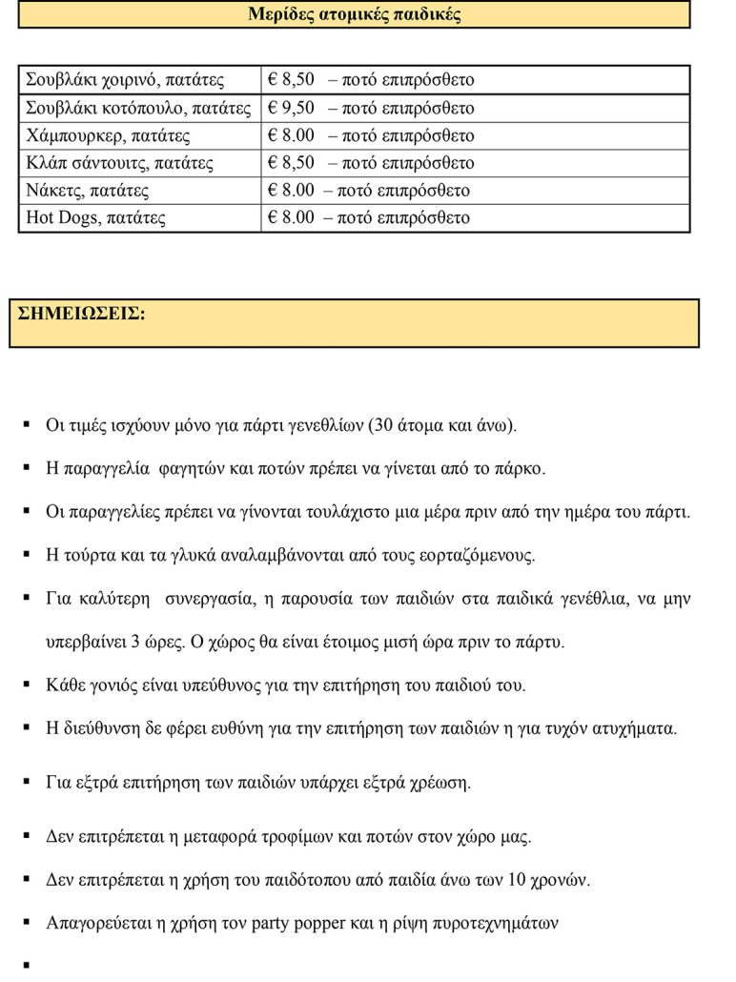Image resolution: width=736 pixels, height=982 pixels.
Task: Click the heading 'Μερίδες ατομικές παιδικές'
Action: click(x=355, y=14)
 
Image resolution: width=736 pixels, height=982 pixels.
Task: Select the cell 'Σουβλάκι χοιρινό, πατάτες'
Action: click(x=125, y=80)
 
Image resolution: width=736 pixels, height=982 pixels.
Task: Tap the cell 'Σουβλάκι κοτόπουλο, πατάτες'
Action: click(x=138, y=108)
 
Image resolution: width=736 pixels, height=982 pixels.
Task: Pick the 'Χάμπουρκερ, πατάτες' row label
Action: click(x=108, y=135)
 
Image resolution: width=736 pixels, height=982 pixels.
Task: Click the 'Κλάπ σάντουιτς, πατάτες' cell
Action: click(x=119, y=163)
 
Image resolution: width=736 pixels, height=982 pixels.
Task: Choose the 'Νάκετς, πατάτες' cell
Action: click(x=88, y=191)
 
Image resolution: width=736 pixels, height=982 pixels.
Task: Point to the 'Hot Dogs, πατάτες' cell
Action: click(x=95, y=218)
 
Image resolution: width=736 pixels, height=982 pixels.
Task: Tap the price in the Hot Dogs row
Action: click(x=292, y=218)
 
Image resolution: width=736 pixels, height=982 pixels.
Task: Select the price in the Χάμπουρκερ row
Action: click(x=292, y=135)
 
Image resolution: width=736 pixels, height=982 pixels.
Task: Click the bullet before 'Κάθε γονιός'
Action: click(x=28, y=685)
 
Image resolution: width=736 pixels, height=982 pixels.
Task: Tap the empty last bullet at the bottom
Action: click(x=28, y=966)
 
